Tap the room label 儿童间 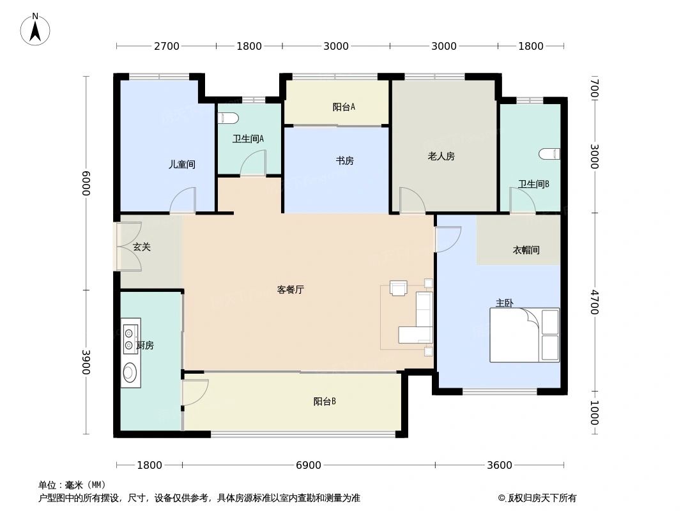[182, 164]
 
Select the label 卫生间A [248, 139]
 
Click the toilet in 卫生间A [228, 118]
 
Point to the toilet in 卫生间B [550, 154]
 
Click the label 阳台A [344, 107]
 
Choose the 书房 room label [345, 161]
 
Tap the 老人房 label [441, 156]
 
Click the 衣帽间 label [526, 250]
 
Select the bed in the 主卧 [524, 335]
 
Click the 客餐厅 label [291, 289]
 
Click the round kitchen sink [130, 372]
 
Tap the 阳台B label [325, 402]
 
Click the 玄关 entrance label [141, 247]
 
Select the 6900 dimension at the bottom [309, 465]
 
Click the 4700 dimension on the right [594, 302]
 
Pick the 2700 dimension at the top [166, 46]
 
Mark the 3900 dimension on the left [86, 362]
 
